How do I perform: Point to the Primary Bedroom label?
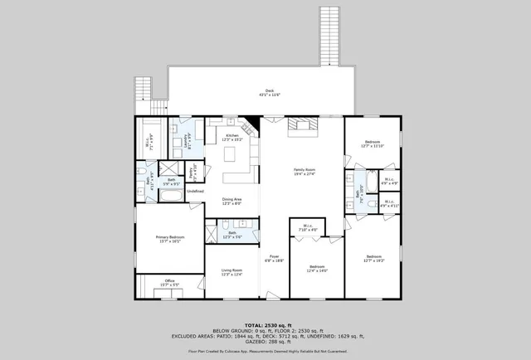(169, 239)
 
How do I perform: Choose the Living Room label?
(231, 271)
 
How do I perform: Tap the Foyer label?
(275, 258)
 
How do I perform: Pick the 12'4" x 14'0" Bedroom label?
(317, 268)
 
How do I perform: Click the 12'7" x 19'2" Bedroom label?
(373, 258)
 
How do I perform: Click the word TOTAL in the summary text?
(252, 324)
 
